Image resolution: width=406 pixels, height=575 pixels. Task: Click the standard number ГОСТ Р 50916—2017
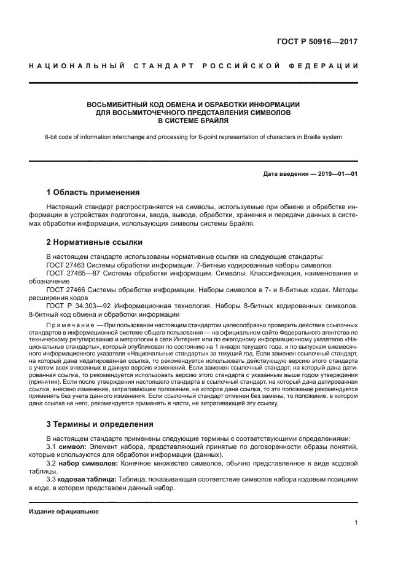pos(318,42)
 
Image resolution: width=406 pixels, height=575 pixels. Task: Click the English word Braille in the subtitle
pos(310,137)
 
